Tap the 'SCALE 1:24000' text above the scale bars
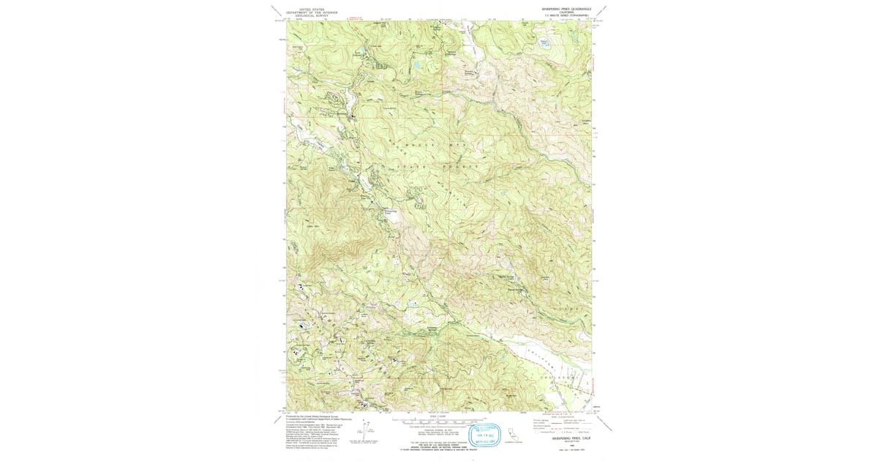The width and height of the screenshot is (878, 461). coord(438,417)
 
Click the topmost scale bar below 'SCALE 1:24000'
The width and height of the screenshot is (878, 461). coord(438,421)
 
